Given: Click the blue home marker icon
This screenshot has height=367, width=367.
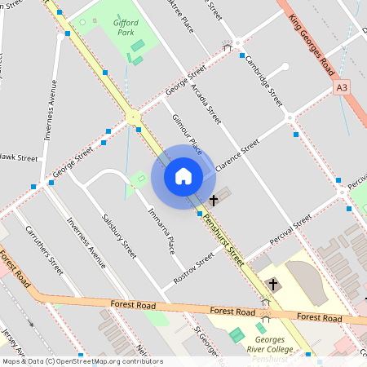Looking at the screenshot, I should click(x=183, y=175).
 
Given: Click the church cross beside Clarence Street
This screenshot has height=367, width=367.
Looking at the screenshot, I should click(x=214, y=199).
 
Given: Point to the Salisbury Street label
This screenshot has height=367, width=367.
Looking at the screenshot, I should click(x=119, y=237).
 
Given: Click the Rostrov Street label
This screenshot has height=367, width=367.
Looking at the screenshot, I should click(x=193, y=268).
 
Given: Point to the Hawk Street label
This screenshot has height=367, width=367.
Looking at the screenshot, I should click(x=18, y=157).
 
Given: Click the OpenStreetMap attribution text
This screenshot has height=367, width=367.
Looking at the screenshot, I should click(x=82, y=361).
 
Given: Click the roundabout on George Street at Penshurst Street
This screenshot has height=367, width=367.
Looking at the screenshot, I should click(x=133, y=117).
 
